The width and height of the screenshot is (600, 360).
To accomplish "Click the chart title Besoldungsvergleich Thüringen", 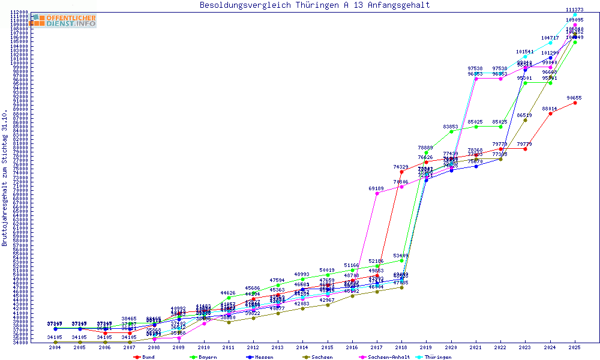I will click(x=314, y=5).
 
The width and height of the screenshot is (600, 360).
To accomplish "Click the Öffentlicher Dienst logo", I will click(x=63, y=20).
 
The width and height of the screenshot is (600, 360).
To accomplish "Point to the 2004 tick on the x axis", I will click(x=55, y=347).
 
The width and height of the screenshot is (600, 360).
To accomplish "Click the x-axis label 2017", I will click(x=377, y=347).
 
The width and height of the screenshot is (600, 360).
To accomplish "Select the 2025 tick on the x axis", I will click(x=575, y=347).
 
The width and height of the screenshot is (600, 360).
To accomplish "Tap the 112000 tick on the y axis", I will click(x=20, y=12).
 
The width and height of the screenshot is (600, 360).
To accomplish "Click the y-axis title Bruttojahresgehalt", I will click(x=5, y=178).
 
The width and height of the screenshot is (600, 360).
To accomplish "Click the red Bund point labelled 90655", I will click(x=575, y=103).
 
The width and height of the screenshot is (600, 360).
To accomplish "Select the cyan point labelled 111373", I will click(x=575, y=14).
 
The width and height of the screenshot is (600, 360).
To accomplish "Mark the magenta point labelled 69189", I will click(x=377, y=193).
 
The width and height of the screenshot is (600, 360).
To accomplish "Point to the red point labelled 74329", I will click(x=401, y=172).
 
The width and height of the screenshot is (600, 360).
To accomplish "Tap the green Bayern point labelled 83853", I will click(x=451, y=131).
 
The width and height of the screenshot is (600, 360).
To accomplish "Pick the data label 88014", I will click(x=550, y=109).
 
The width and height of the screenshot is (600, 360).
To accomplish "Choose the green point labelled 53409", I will click(x=401, y=260).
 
